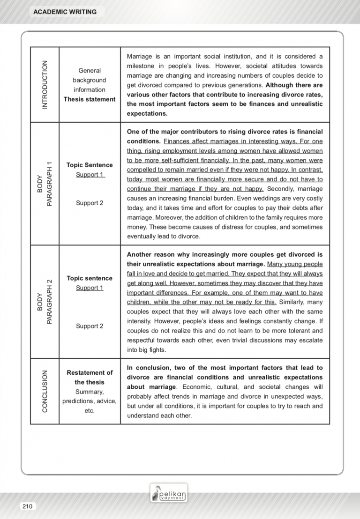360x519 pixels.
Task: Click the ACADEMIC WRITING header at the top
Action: click(65, 12)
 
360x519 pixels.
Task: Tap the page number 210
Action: click(27, 506)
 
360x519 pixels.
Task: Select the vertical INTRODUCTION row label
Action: click(45, 84)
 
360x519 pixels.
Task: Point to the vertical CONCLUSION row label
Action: click(45, 391)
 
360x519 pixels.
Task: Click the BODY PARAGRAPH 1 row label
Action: click(45, 184)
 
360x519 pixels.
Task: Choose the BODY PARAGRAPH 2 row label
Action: click(45, 302)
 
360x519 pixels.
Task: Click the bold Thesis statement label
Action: click(90, 99)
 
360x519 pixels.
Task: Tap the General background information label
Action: click(90, 80)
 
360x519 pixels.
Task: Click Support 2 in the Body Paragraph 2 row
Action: click(90, 326)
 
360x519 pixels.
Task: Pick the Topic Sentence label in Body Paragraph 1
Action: click(90, 165)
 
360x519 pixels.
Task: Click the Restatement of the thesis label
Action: click(90, 377)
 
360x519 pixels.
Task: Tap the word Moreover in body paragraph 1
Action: click(170, 217)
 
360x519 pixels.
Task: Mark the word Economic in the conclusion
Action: click(196, 387)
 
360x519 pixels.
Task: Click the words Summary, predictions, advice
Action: click(90, 396)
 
